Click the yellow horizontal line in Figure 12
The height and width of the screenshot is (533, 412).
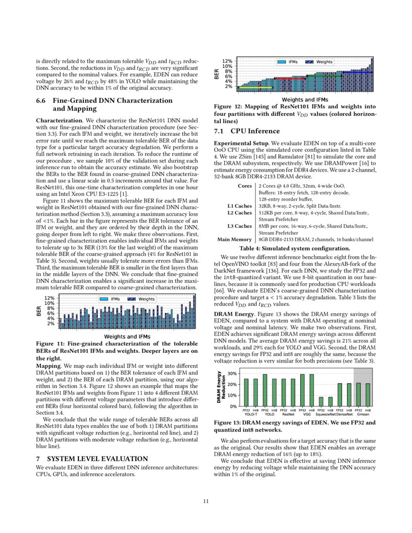(x=255, y=88)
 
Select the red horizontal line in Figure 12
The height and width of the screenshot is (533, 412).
(x=290, y=78)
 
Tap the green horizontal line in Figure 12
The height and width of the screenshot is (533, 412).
(x=324, y=76)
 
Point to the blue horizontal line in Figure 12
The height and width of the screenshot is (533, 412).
(x=357, y=72)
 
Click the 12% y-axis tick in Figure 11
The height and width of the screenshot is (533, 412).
(x=48, y=298)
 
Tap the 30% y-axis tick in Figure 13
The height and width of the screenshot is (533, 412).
(x=232, y=374)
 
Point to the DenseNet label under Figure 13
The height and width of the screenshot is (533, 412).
(x=344, y=415)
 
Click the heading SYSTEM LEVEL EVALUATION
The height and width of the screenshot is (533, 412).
(x=92, y=458)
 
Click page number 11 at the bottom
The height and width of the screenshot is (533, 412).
(x=206, y=502)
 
